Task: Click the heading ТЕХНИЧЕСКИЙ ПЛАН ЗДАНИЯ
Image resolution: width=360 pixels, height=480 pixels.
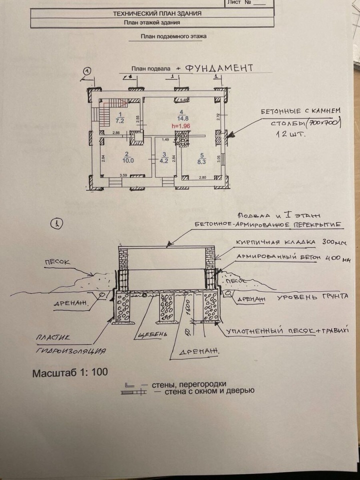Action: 157,13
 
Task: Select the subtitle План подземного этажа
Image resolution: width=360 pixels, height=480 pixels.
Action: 173,36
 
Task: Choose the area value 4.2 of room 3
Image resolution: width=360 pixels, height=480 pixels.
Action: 164,161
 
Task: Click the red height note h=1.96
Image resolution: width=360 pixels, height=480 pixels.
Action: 181,126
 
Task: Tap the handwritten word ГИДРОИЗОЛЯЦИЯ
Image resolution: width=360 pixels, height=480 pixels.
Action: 70,351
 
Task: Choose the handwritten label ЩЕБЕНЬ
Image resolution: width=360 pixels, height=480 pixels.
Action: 150,334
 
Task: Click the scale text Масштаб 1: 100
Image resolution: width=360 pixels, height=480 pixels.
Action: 69,373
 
